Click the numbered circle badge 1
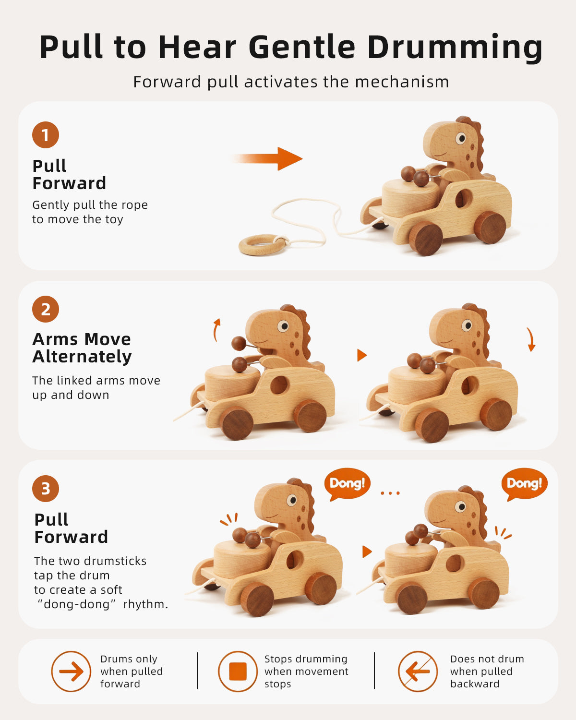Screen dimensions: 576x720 coord(46,135)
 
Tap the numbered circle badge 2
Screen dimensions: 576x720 coord(46,309)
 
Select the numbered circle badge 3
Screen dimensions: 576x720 coord(46,489)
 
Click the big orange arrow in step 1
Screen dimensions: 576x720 coord(268,158)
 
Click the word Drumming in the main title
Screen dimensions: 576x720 coord(455,48)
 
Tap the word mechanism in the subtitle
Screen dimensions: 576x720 coord(402,82)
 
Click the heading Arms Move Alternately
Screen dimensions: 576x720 coord(82,348)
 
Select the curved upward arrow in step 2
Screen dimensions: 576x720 coord(216,330)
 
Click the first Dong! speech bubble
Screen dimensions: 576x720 coord(347,483)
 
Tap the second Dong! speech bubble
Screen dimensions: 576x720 coord(524,483)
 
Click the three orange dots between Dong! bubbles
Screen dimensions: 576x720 coord(390,493)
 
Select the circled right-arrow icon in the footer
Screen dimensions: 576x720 coord(71,671)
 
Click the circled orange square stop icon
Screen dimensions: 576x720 coord(238,671)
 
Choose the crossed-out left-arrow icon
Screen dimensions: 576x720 coord(418,671)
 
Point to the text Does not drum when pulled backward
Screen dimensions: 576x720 coord(487,671)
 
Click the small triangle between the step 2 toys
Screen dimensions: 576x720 coord(362,355)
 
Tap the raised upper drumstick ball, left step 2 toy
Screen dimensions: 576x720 coord(239,343)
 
